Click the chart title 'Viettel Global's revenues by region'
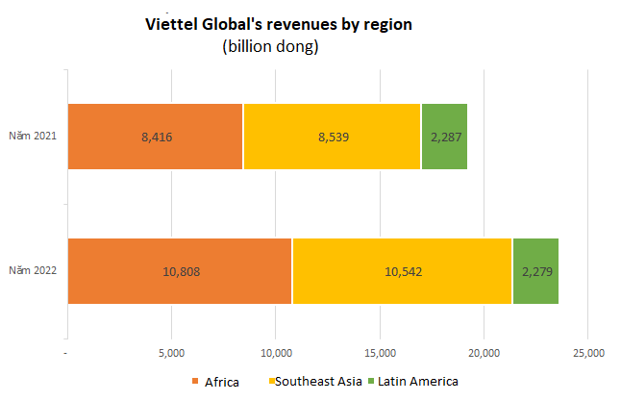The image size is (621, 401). (x=278, y=24)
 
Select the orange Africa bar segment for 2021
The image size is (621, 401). (x=155, y=137)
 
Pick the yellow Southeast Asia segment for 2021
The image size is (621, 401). (x=332, y=137)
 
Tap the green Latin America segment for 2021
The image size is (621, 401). (x=444, y=137)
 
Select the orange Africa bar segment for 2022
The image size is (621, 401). (x=180, y=270)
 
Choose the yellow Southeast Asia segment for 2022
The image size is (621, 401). (x=402, y=270)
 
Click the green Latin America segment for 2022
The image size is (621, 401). (x=535, y=270)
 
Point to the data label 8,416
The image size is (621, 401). (x=156, y=137)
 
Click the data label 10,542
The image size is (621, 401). (x=402, y=270)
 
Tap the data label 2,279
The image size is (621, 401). (x=536, y=270)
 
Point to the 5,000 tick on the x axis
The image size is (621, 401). (x=171, y=353)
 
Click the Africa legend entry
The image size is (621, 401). (x=215, y=382)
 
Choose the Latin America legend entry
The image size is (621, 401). (x=414, y=382)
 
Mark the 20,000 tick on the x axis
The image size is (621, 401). (x=484, y=353)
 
